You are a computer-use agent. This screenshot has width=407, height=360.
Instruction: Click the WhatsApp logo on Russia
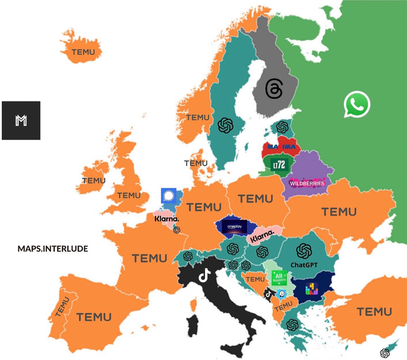(357, 104)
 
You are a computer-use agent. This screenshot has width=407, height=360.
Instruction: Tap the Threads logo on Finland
(274, 89)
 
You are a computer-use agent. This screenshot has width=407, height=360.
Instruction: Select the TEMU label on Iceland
(83, 52)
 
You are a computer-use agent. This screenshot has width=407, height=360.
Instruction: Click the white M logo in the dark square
(21, 120)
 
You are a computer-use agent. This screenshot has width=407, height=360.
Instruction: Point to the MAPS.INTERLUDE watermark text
(53, 248)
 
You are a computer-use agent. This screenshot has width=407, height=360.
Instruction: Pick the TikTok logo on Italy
(204, 275)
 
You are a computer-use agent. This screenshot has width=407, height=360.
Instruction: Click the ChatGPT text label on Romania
(304, 265)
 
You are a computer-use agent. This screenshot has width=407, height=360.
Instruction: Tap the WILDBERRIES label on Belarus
(307, 183)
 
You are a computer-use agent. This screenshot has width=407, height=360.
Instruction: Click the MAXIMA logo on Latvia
(282, 147)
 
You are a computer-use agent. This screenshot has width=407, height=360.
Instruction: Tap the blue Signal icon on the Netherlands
(169, 196)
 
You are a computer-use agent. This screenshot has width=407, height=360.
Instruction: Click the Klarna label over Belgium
(167, 219)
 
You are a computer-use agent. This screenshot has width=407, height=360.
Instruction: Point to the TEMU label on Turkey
(374, 312)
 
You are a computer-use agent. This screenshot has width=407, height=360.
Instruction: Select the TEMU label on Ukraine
(339, 212)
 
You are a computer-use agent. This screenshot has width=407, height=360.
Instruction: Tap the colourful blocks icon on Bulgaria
(312, 288)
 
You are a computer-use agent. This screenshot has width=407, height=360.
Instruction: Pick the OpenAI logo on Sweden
(225, 125)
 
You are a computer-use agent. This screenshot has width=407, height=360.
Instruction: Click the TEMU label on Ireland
(94, 180)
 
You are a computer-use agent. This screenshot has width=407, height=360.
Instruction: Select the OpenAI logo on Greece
(292, 325)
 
